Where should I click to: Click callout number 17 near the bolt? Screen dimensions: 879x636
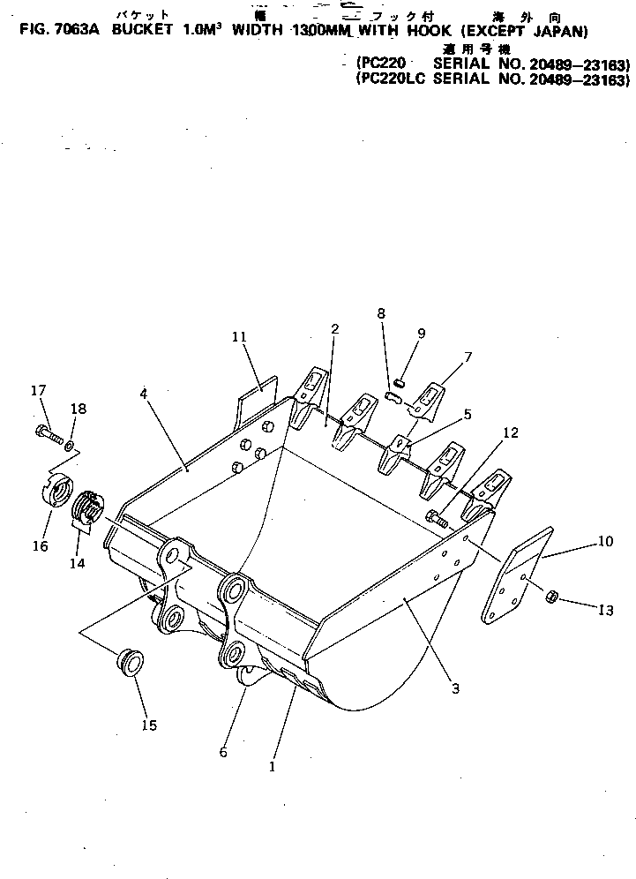coord(38,390)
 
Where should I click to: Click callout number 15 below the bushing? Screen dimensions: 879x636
coord(148,725)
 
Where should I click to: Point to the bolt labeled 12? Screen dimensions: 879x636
coord(435,517)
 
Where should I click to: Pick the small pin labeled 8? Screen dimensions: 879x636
coord(394,398)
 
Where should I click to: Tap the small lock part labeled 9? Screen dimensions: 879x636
coord(399,381)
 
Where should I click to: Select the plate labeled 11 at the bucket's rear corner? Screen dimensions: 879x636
coord(256,397)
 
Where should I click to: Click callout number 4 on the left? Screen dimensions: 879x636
coord(143,394)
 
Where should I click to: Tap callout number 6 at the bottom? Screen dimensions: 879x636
coord(223,752)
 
